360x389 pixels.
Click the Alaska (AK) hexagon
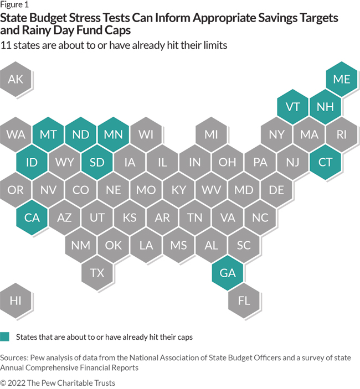[16, 79]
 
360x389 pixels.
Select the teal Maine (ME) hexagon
[341, 79]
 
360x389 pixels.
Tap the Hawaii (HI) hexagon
[16, 300]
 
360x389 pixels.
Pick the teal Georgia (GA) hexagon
[228, 272]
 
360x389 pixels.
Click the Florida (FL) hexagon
[244, 300]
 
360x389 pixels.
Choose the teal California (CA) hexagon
[32, 217]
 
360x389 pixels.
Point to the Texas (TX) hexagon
[97, 272]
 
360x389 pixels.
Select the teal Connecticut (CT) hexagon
[325, 162]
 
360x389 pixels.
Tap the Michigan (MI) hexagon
[211, 134]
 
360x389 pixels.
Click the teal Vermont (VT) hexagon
[293, 107]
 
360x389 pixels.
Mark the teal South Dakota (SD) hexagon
[97, 162]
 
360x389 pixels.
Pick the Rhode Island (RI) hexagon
[341, 134]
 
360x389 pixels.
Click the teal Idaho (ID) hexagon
[32, 162]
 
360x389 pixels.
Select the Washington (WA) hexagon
[16, 134]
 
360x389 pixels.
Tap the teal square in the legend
[5, 336]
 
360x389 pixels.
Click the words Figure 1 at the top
[15, 4]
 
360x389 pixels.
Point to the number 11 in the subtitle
[7, 45]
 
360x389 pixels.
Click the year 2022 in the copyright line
[19, 382]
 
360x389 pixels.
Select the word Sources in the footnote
[16, 357]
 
